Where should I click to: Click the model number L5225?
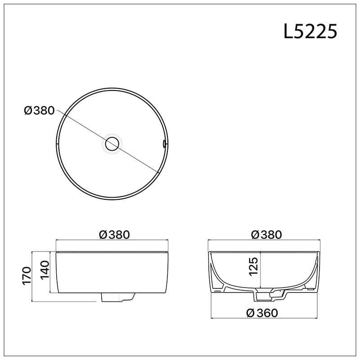coord(310,32)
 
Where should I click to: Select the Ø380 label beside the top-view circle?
coord(39,110)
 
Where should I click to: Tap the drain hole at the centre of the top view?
coord(112,144)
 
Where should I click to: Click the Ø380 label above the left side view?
coord(114,234)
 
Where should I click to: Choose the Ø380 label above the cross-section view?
coord(266,234)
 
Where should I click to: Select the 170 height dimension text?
coord(27,276)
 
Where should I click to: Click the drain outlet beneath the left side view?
coord(117,297)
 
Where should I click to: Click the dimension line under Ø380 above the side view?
coord(112,241)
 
